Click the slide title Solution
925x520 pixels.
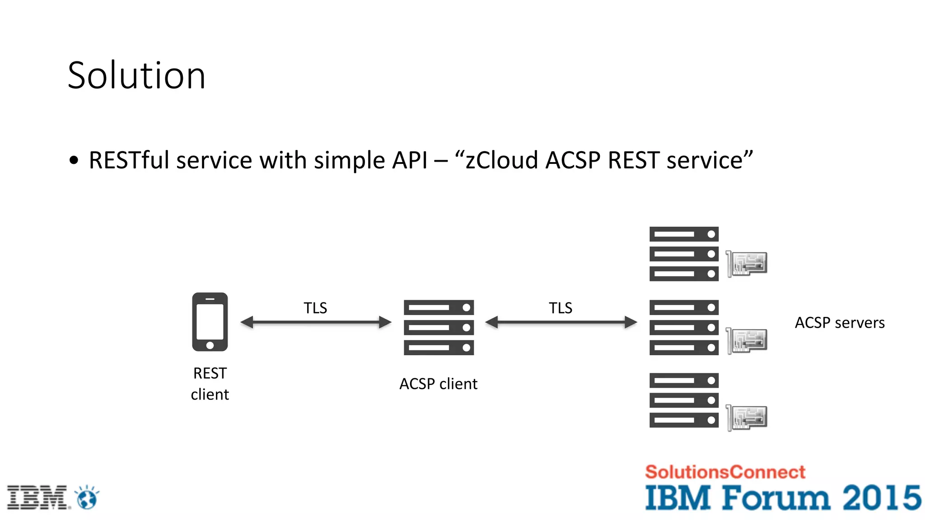(136, 75)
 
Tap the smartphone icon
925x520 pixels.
(210, 321)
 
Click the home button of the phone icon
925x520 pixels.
(210, 345)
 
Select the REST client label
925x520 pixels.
(210, 383)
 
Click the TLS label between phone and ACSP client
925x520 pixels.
(315, 308)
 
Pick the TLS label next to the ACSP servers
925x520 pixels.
(560, 308)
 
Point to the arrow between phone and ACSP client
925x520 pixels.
(316, 322)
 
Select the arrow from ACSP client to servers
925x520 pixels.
(561, 322)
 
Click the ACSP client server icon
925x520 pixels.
(439, 327)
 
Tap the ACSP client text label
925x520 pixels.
(438, 384)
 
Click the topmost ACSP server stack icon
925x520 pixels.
(684, 254)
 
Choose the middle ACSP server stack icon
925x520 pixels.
(684, 327)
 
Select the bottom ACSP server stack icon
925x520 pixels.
(684, 400)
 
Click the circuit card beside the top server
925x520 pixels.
(747, 264)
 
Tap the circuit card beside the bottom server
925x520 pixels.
(747, 418)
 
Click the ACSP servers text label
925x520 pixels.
(839, 323)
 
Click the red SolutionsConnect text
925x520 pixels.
(724, 472)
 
